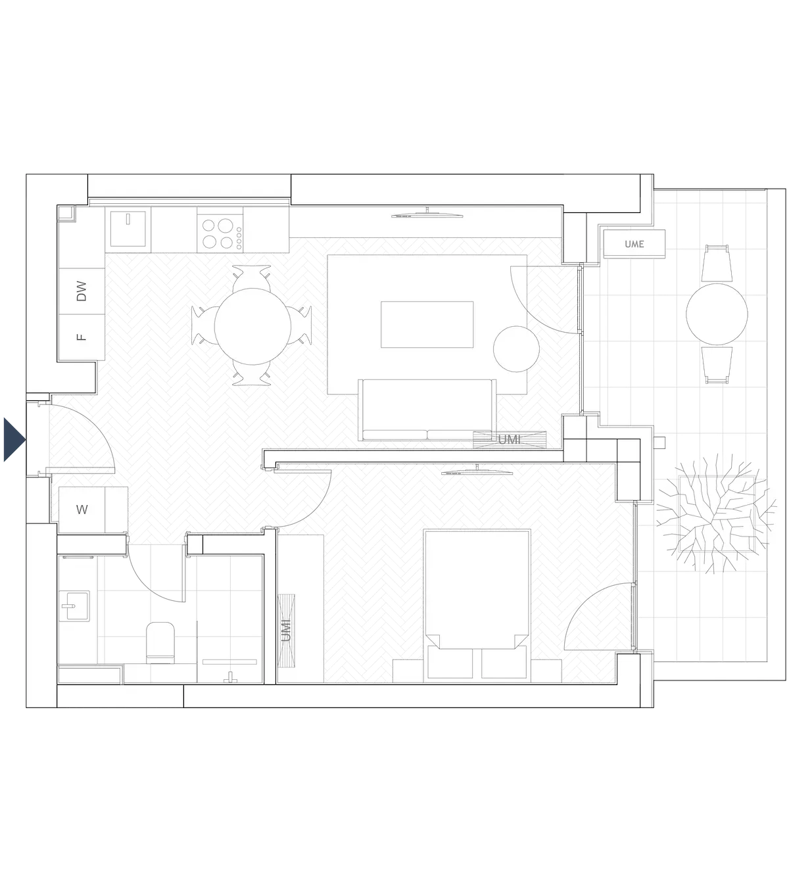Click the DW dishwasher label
pyautogui.click(x=82, y=291)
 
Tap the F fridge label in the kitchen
pyautogui.click(x=82, y=337)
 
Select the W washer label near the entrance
pyautogui.click(x=82, y=510)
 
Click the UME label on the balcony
pyautogui.click(x=634, y=244)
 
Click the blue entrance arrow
pyautogui.click(x=12, y=439)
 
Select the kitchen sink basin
pyautogui.click(x=128, y=229)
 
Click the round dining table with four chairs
pyautogui.click(x=251, y=324)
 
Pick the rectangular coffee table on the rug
pyautogui.click(x=427, y=324)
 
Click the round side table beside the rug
pyautogui.click(x=516, y=348)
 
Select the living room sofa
pyautogui.click(x=427, y=410)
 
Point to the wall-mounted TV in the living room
pyautogui.click(x=428, y=213)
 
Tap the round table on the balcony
pyautogui.click(x=717, y=314)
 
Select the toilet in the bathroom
pyautogui.click(x=160, y=644)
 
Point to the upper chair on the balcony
pyautogui.click(x=717, y=262)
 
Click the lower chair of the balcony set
pyautogui.click(x=717, y=366)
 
